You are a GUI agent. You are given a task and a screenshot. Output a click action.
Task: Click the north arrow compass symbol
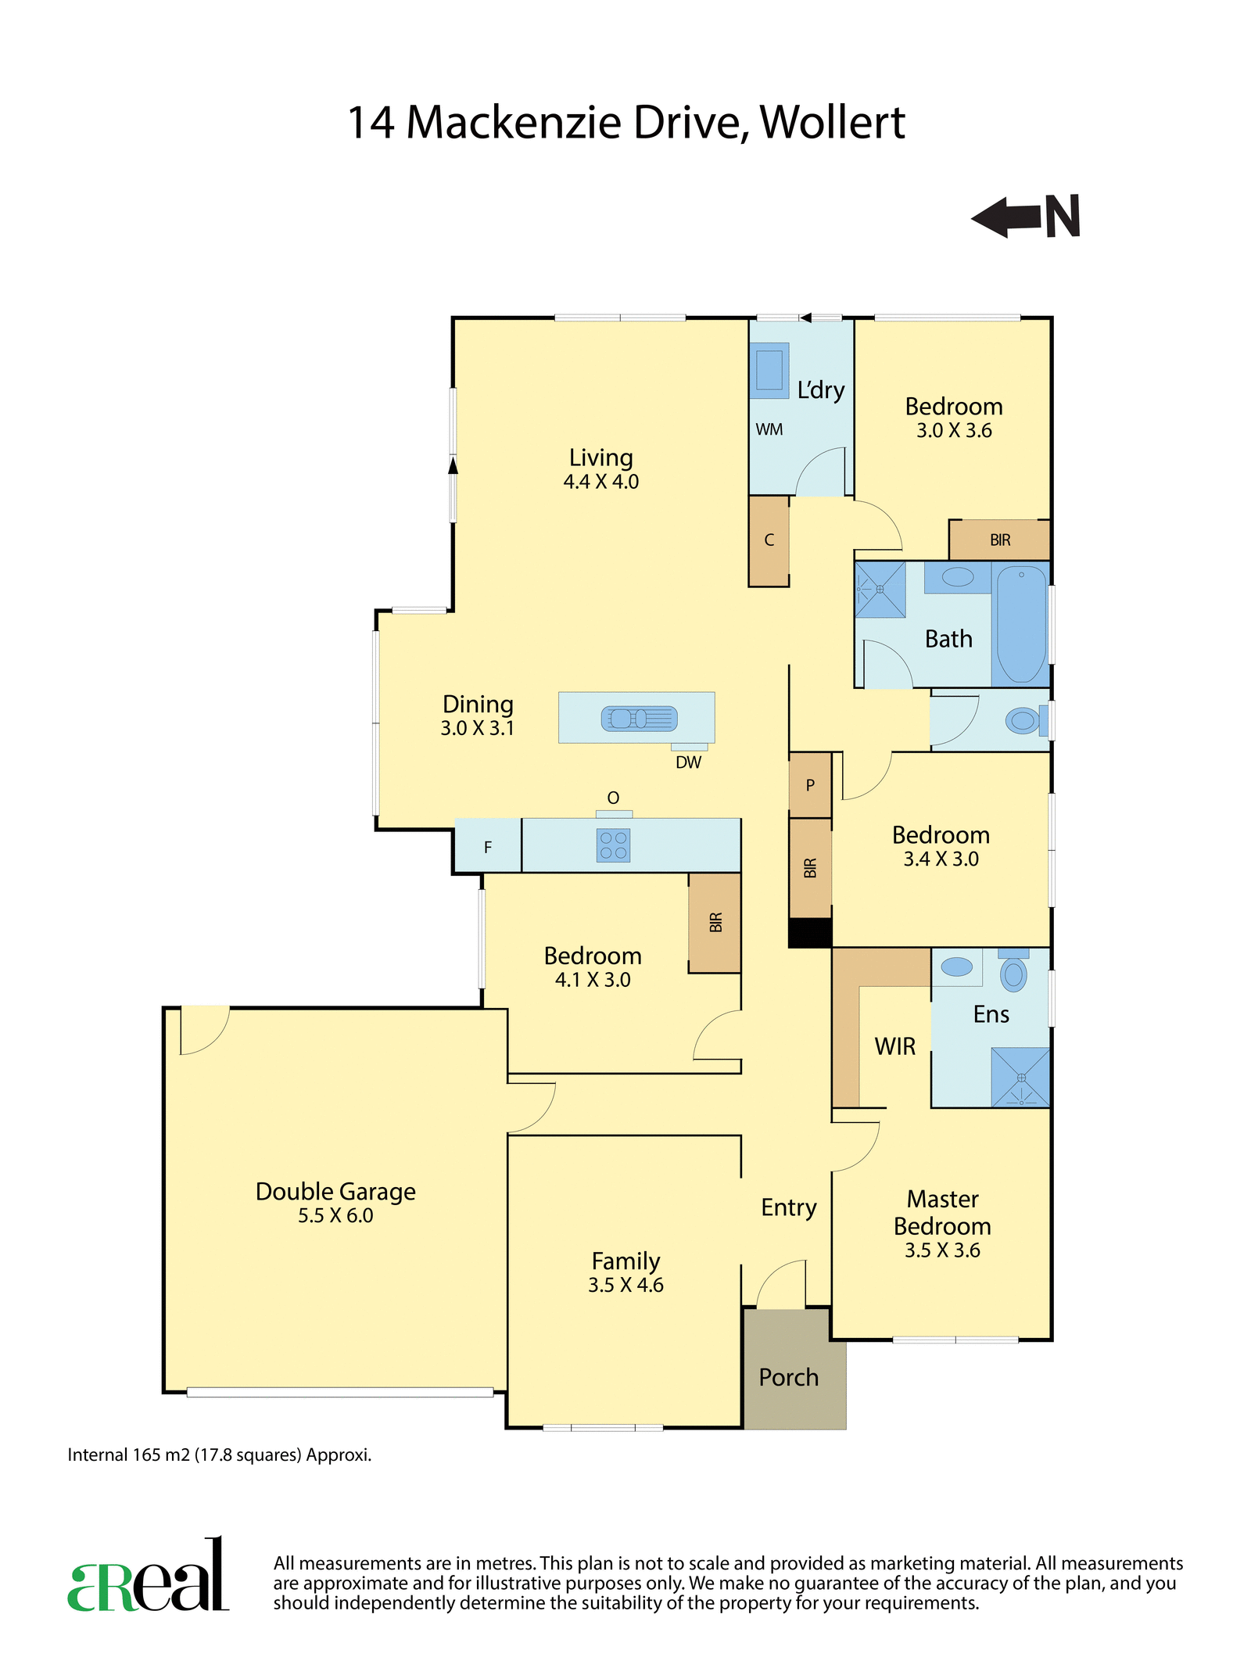point(1026,217)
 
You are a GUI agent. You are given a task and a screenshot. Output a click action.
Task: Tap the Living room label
point(600,457)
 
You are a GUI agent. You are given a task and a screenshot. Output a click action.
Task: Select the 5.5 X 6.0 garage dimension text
point(335,1215)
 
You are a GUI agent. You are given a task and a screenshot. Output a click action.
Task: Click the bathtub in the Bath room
point(1021,624)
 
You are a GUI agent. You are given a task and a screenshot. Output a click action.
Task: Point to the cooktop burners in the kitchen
point(613,845)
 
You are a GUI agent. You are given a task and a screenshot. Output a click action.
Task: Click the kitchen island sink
point(639,718)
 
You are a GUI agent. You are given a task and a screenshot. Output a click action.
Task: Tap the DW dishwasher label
point(688,762)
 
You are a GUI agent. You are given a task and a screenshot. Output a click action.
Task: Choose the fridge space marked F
point(488,846)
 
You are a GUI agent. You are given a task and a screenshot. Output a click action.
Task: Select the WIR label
point(894,1046)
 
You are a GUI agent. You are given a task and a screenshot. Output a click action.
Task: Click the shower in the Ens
point(1020,1077)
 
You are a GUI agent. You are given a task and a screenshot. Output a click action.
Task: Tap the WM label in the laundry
point(769,429)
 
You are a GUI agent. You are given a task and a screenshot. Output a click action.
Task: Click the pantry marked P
point(810,785)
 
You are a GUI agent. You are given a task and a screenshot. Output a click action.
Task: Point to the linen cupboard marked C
point(769,540)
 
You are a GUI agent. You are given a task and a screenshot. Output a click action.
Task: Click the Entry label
point(789,1207)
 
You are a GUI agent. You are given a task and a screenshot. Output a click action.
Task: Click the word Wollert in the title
point(832,123)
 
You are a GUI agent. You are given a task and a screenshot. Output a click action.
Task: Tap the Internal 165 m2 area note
point(219,1455)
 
